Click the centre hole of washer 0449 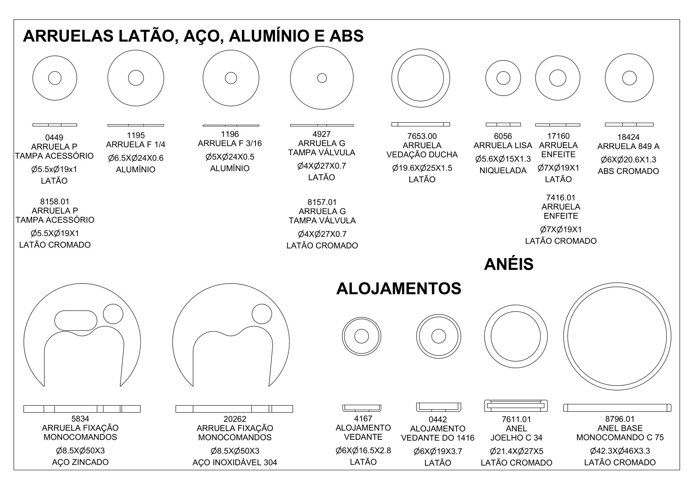tap(55, 78)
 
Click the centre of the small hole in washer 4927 tap(322, 78)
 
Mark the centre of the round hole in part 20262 tap(262, 314)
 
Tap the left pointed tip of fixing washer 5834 tap(45, 386)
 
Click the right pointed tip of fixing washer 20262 tap(269, 386)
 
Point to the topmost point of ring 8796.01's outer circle tap(617, 282)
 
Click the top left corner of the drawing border tap(14, 20)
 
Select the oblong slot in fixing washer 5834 tap(76, 320)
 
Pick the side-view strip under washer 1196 tap(231, 125)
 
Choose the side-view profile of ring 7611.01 tap(516, 406)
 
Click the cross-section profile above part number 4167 tap(361, 408)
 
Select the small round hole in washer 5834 tap(113, 314)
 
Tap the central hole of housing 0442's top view tap(438, 336)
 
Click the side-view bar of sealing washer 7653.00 tap(421, 124)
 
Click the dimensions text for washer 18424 tap(628, 160)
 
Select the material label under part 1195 tap(136, 170)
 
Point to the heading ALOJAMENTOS tap(399, 289)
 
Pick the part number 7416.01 tap(561, 198)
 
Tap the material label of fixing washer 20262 tap(235, 462)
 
